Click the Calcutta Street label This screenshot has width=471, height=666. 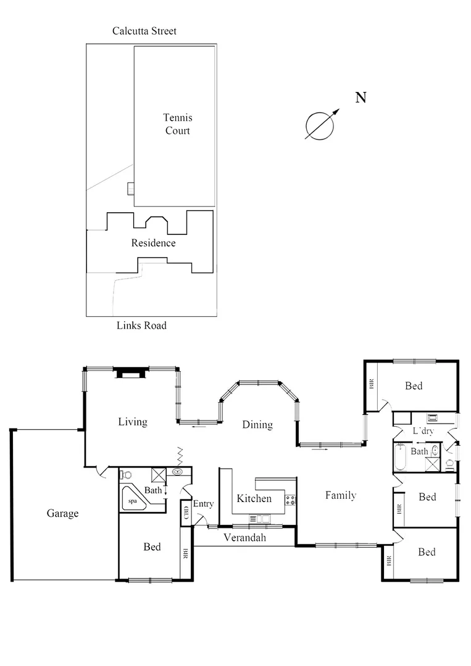pos(144,31)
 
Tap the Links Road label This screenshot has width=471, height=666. pos(141,325)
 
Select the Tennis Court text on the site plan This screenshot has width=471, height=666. pos(177,123)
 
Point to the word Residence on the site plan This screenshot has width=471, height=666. pos(153,243)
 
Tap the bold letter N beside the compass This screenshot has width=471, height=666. pos(361,97)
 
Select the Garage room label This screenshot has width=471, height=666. pos(62,513)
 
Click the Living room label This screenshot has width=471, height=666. pos(133,422)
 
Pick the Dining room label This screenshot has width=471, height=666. pos(257,424)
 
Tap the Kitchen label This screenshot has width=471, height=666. pos(254,498)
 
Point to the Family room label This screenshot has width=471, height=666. pos(341,495)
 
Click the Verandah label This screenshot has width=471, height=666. pos(244,538)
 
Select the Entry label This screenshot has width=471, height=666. pos(203,504)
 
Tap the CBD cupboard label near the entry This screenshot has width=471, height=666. pos(186,513)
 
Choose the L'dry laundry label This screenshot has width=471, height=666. pos(424,430)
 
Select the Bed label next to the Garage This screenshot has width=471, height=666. pos(152,547)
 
